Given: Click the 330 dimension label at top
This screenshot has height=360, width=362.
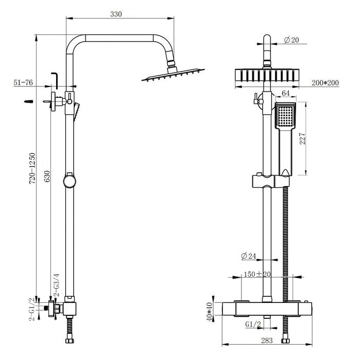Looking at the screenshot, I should (x=116, y=14).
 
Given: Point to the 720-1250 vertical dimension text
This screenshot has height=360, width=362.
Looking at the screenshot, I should (x=32, y=168).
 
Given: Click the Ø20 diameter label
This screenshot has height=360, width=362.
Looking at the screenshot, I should (x=291, y=40).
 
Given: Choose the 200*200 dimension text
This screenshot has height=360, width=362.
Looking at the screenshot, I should (x=325, y=83).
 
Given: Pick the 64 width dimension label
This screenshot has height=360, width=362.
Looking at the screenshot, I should (x=285, y=93).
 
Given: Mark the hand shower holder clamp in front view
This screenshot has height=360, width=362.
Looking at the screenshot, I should (x=269, y=181).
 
